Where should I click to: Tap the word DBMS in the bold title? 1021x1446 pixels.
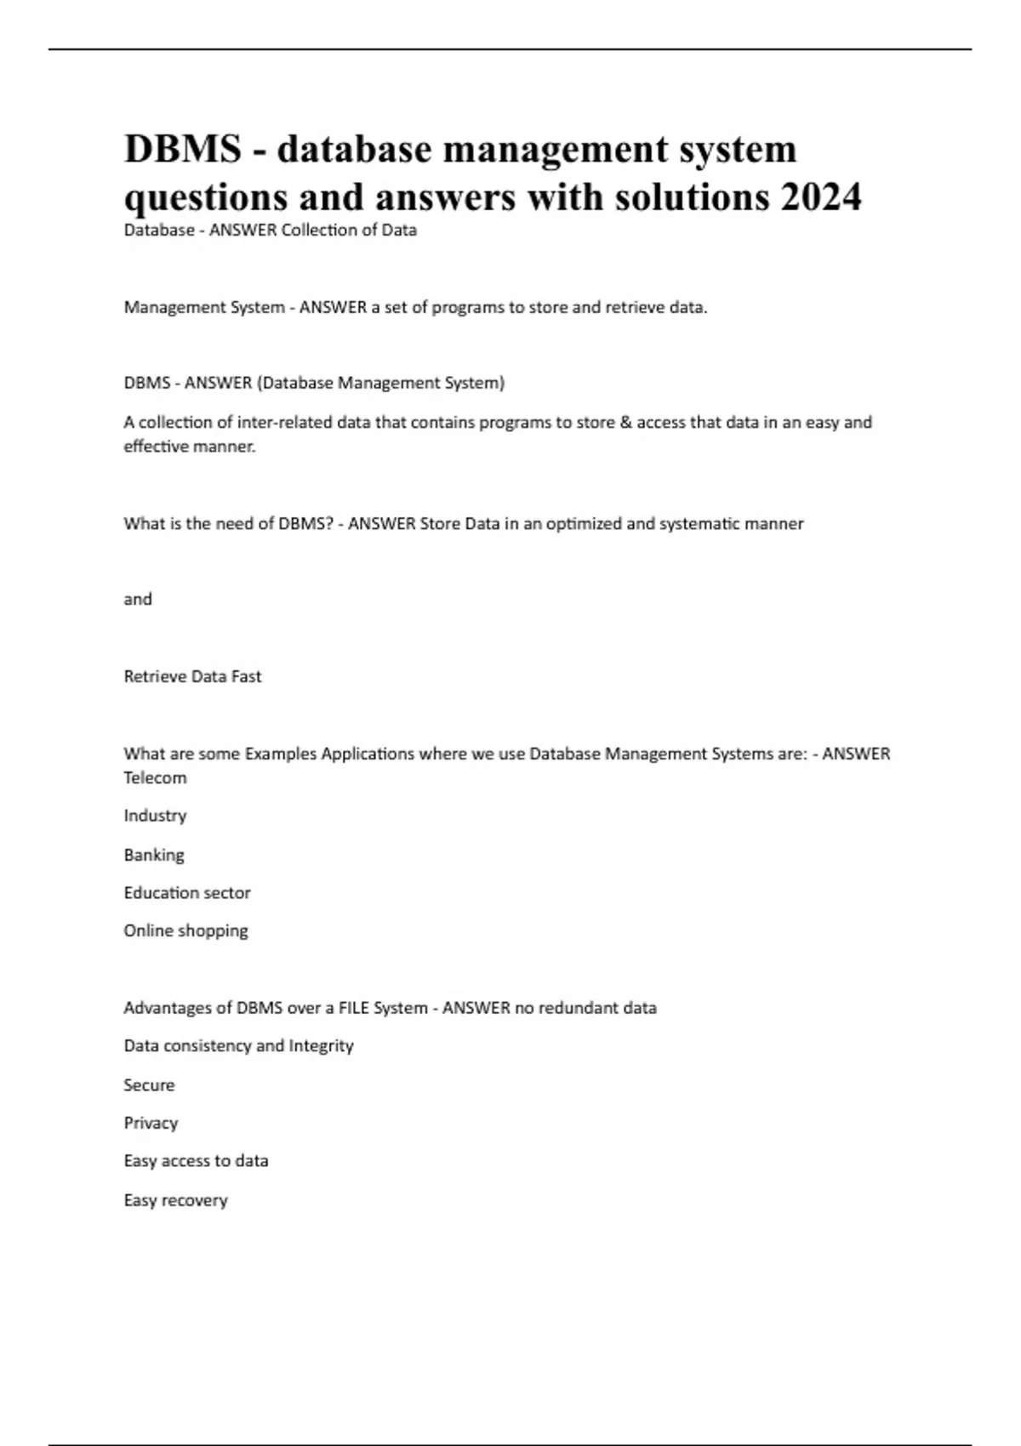[182, 149]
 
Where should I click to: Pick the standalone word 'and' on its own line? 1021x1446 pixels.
[138, 599]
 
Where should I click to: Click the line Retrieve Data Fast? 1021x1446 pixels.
[192, 676]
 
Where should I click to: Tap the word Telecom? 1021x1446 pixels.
[155, 777]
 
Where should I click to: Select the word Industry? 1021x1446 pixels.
[155, 815]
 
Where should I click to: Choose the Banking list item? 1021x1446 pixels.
[154, 855]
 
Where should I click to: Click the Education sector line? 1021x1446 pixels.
[187, 892]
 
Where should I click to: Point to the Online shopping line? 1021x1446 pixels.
[185, 931]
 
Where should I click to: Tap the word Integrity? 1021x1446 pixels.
[321, 1045]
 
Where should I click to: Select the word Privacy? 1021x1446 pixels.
[151, 1123]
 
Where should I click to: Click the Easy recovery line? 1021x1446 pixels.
[175, 1200]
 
